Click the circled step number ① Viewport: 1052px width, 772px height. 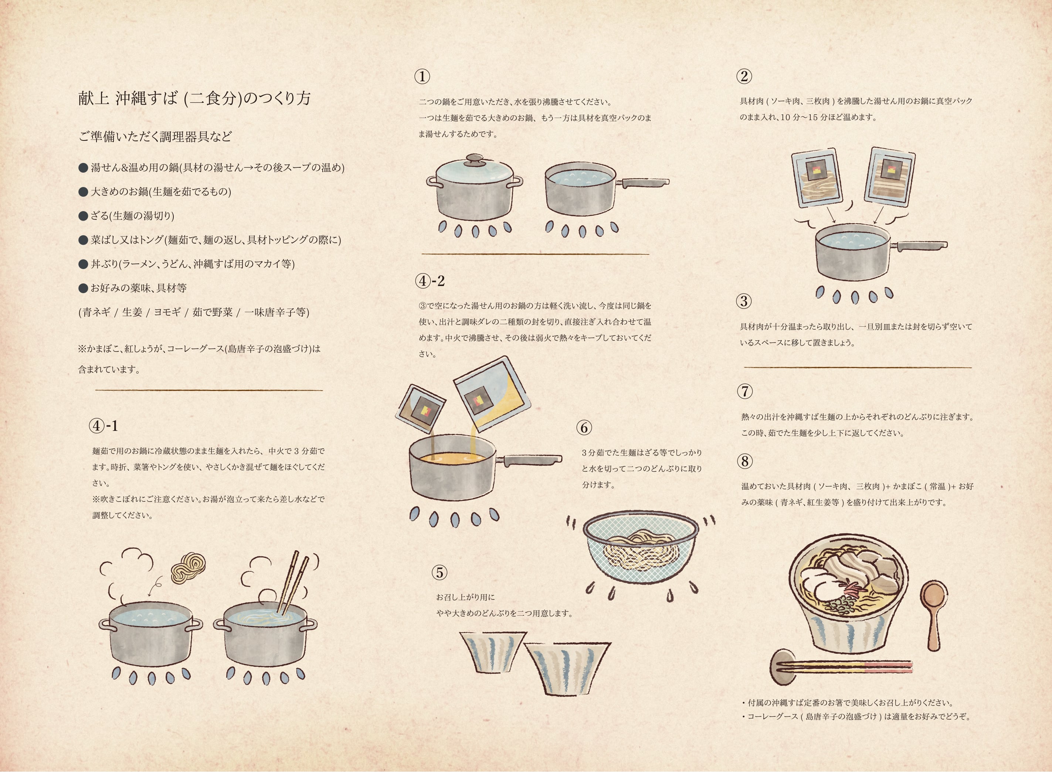(x=422, y=76)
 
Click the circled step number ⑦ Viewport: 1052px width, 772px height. (x=744, y=391)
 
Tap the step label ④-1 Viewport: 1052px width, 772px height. (x=103, y=426)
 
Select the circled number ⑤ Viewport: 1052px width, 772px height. (x=439, y=572)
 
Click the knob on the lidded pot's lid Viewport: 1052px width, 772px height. (x=474, y=159)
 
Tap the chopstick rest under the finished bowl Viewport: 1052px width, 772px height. (x=781, y=667)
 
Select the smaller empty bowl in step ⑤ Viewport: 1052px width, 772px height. (x=493, y=652)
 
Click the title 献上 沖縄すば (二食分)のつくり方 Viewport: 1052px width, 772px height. (x=194, y=98)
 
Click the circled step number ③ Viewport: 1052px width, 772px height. (x=744, y=301)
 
